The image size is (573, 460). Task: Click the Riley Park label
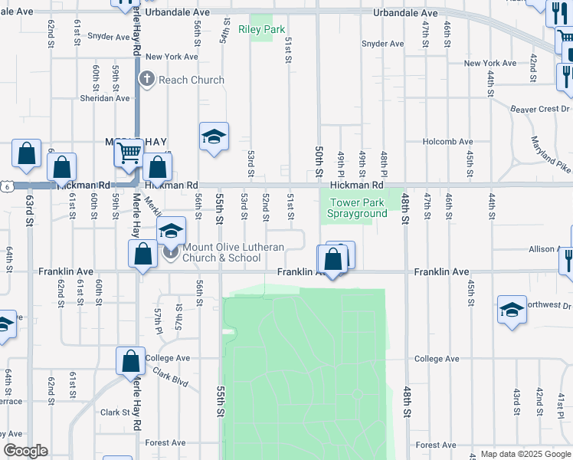tap(261, 30)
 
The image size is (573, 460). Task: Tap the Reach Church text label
tap(192, 80)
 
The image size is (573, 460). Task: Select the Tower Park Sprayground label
tap(358, 209)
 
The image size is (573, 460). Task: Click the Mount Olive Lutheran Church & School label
tap(233, 252)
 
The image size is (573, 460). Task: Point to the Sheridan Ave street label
tap(106, 98)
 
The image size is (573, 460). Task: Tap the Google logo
tap(25, 452)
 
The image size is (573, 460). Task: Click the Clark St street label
tap(115, 412)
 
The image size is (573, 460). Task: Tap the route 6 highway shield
tap(6, 186)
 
